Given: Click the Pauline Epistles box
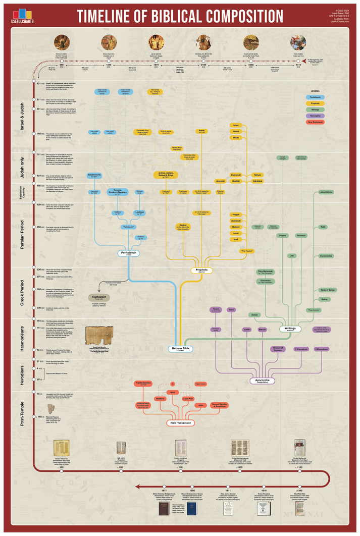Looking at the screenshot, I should click(x=145, y=384).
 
